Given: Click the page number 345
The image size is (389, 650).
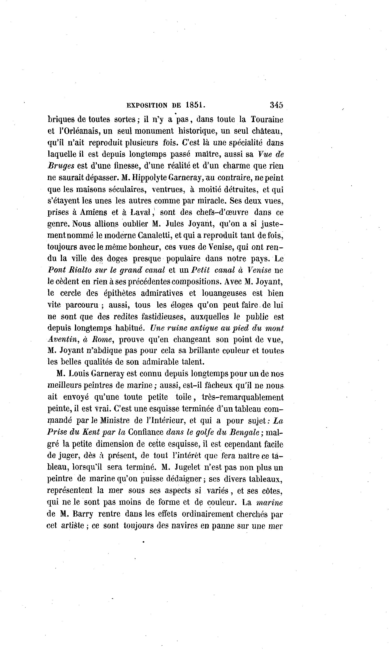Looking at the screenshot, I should (276, 105).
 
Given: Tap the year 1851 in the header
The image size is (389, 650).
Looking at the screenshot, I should (195, 105).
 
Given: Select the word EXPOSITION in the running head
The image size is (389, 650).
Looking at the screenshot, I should (147, 106).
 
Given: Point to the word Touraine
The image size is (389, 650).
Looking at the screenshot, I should (267, 119).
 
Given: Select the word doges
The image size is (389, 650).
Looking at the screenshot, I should (117, 259).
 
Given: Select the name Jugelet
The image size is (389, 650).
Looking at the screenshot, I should (191, 467).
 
